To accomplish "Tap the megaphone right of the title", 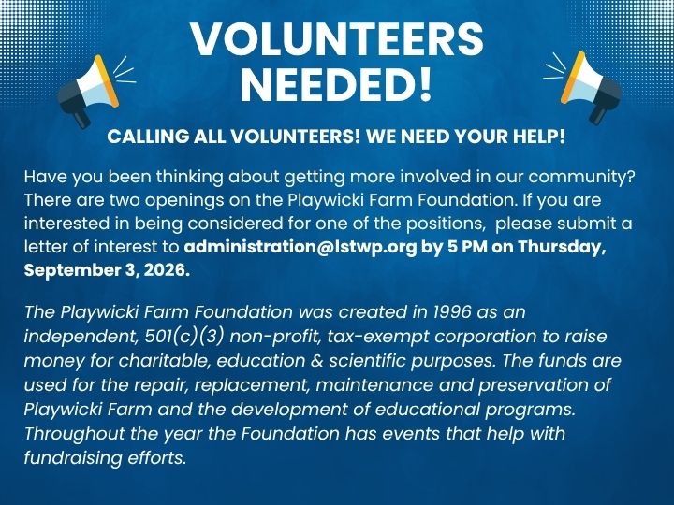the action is pyautogui.click(x=591, y=87).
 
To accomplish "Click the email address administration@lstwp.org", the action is pyautogui.click(x=300, y=247).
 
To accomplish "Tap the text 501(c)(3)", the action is pyautogui.click(x=184, y=337).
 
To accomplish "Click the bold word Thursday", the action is pyautogui.click(x=561, y=247).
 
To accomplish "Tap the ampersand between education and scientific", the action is pyautogui.click(x=316, y=361).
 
